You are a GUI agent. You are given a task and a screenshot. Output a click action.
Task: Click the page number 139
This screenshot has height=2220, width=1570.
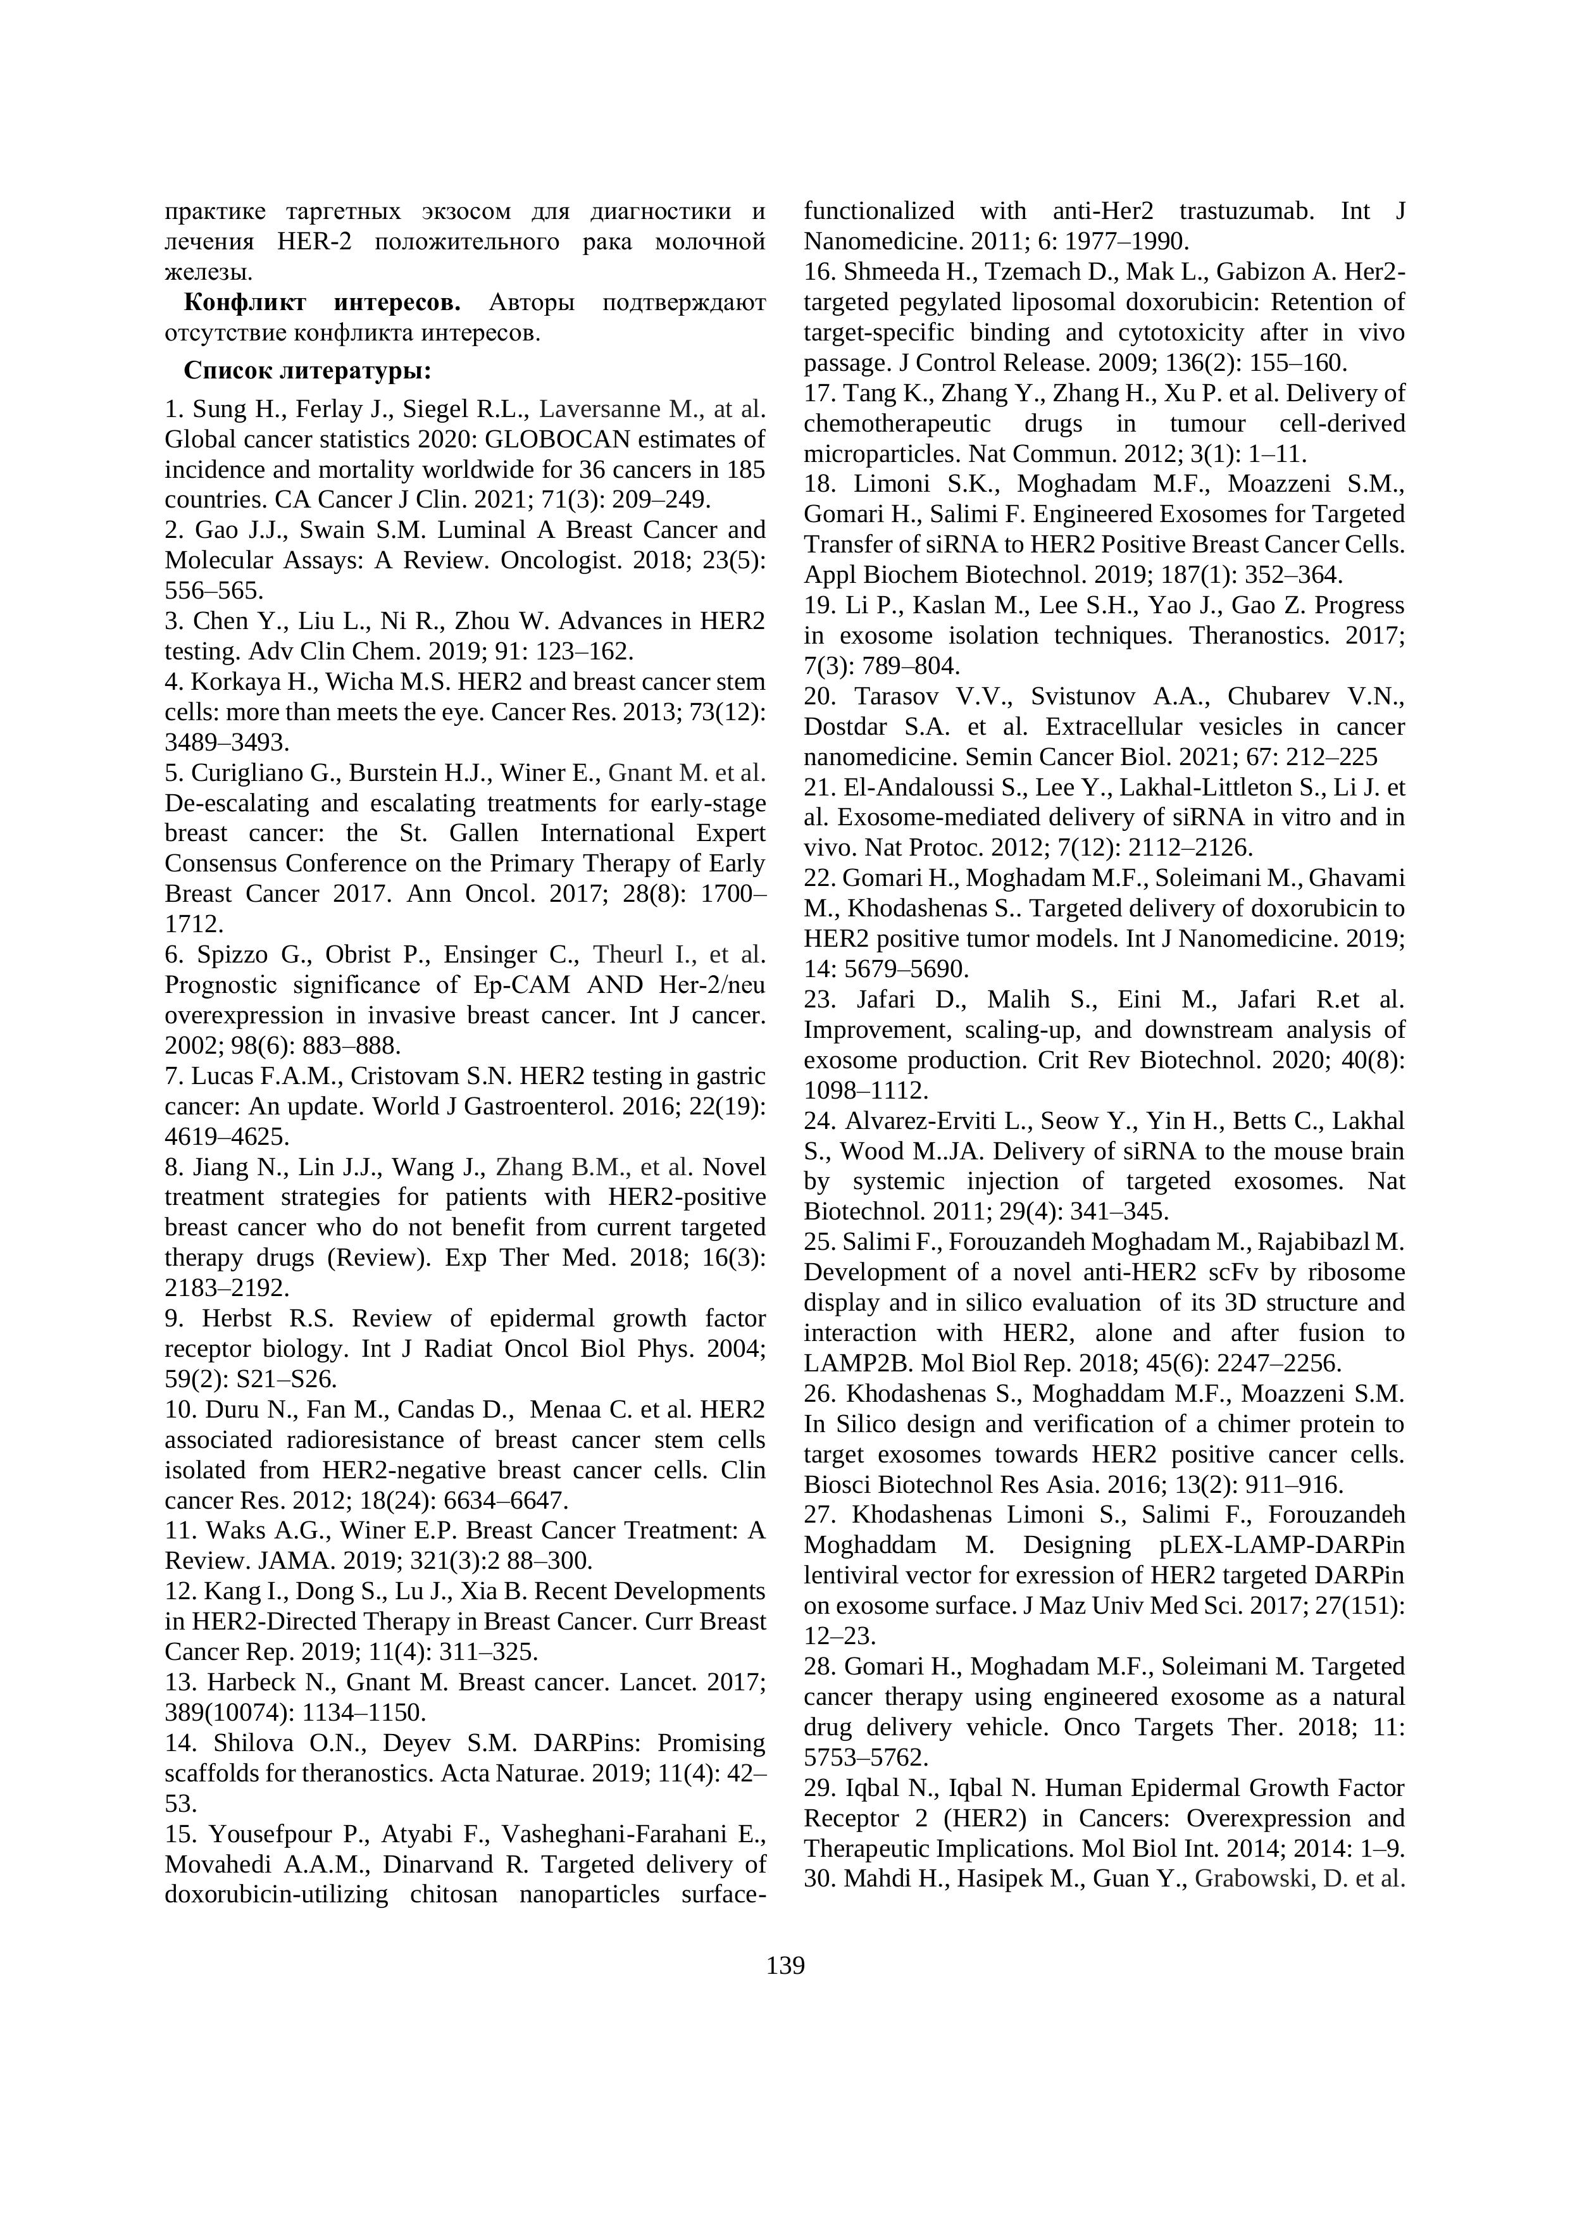click(785, 1966)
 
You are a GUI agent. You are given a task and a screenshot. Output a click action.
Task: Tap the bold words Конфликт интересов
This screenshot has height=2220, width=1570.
click(322, 302)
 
